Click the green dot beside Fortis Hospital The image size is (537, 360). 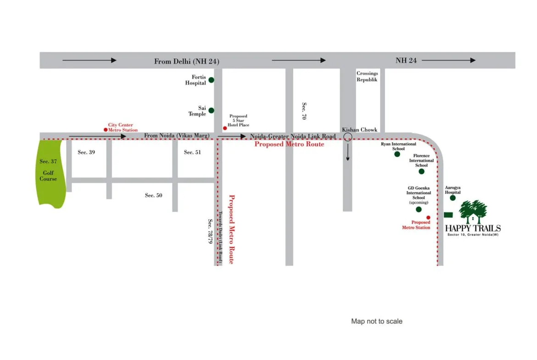211,80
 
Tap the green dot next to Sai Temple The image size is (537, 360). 211,111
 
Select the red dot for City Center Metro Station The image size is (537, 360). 106,130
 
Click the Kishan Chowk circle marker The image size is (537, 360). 348,136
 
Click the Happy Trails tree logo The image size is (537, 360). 472,212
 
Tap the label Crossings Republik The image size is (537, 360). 367,77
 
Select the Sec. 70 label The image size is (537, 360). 304,111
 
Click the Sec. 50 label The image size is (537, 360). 153,195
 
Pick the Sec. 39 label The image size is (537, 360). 86,152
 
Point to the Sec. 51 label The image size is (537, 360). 192,152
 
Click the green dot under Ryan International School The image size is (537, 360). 397,154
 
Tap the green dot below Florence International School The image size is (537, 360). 421,172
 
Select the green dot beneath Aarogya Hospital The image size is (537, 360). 453,198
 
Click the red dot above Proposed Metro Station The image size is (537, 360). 428,217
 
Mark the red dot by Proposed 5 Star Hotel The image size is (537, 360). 224,128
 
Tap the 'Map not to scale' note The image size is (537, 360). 376,321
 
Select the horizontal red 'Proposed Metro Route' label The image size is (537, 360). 289,144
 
